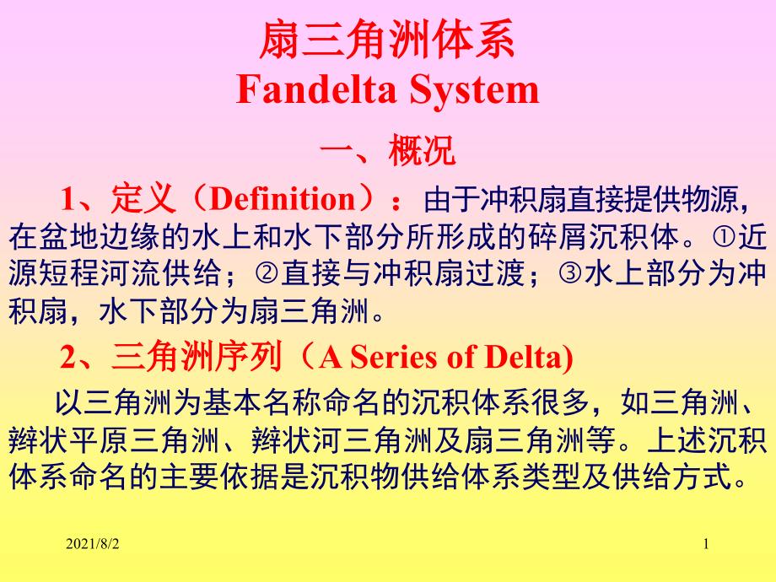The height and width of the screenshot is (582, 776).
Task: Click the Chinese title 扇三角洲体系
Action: pos(387,40)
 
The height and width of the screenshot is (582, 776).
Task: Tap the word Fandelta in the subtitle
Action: pos(317,89)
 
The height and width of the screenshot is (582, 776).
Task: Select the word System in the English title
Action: pos(474,90)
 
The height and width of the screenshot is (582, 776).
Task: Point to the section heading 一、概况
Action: pos(387,150)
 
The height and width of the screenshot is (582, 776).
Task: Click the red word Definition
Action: pos(283,198)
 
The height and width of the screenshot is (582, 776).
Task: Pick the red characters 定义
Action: pos(143,198)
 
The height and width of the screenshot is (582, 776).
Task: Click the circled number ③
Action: pos(571,273)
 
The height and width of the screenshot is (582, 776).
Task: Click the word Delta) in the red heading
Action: pos(529,358)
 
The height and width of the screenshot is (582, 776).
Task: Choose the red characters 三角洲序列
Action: pos(197,356)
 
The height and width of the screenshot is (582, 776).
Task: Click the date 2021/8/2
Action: pos(93,544)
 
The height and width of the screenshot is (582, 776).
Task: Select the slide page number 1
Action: pos(706,544)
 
